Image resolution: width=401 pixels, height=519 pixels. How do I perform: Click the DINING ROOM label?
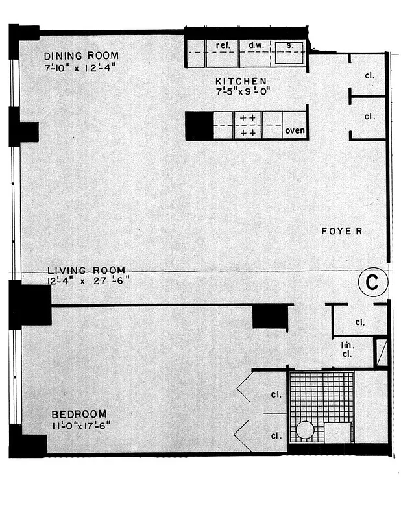click(x=80, y=56)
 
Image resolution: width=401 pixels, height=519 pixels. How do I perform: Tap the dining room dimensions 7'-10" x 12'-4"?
click(x=81, y=67)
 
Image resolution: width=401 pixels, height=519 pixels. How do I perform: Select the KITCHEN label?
click(x=241, y=81)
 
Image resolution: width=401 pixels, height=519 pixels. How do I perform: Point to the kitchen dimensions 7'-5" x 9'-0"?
click(x=242, y=91)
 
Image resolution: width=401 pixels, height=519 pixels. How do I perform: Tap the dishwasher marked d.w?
click(x=254, y=46)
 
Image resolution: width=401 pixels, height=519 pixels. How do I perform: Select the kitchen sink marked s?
click(x=288, y=47)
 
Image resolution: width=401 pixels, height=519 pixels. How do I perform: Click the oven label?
click(x=295, y=130)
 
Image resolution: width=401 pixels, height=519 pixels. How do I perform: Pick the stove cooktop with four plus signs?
click(x=247, y=125)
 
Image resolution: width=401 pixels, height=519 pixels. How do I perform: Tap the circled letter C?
click(x=372, y=283)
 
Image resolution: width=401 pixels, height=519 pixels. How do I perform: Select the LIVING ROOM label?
click(x=86, y=270)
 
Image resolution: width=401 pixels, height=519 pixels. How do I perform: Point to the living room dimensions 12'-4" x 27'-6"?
click(x=88, y=280)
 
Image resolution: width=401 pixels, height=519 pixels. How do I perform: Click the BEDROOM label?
click(x=80, y=415)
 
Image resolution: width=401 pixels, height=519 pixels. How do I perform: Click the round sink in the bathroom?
click(x=304, y=430)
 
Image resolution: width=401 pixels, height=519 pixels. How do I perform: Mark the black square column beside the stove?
click(x=199, y=125)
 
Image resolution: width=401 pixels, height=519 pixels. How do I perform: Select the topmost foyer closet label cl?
click(x=370, y=75)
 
